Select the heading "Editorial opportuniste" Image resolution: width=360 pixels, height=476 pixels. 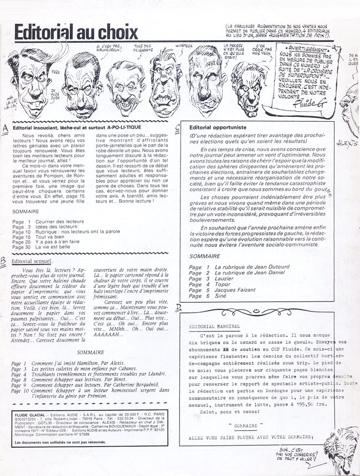click(214, 127)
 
